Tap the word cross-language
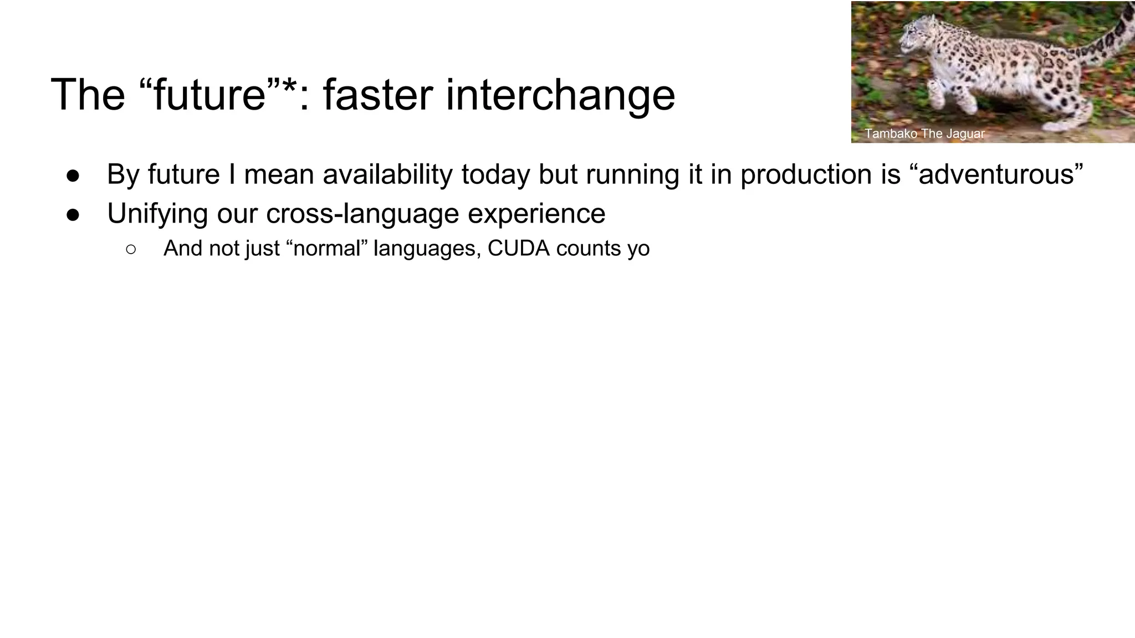(362, 214)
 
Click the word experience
(536, 214)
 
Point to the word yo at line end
(638, 249)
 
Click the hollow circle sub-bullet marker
(131, 249)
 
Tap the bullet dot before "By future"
(74, 176)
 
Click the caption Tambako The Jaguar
(924, 133)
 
